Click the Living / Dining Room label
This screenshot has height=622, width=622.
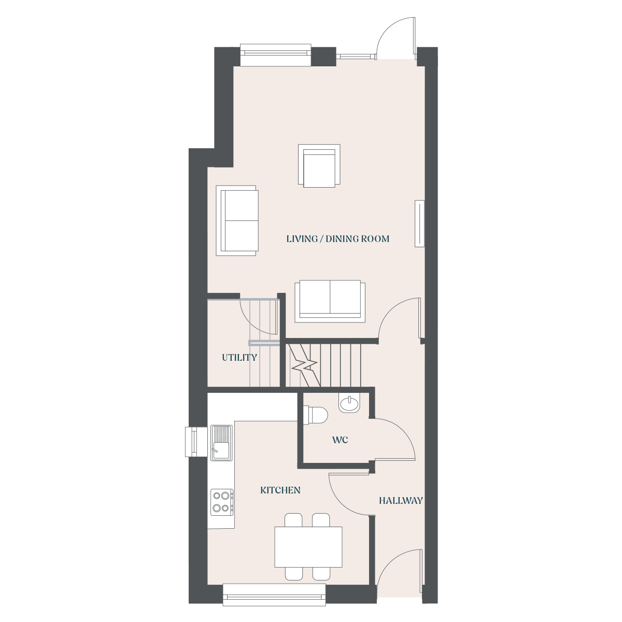pyautogui.click(x=337, y=239)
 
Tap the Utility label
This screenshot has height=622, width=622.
pyautogui.click(x=239, y=357)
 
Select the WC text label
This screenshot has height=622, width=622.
pyautogui.click(x=340, y=440)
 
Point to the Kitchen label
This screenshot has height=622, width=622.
pyautogui.click(x=280, y=490)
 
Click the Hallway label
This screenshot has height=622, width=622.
pyautogui.click(x=401, y=500)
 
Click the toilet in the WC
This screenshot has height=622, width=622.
pyautogui.click(x=316, y=415)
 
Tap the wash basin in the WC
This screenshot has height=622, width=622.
pyautogui.click(x=349, y=403)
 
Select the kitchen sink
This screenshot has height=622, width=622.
pyautogui.click(x=221, y=443)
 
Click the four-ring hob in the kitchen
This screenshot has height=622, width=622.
pyautogui.click(x=222, y=502)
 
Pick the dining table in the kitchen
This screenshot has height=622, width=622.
pyautogui.click(x=308, y=547)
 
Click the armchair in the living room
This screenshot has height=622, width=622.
pyautogui.click(x=319, y=165)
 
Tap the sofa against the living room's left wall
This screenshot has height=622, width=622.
pyautogui.click(x=237, y=221)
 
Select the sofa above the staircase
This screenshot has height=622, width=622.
pyautogui.click(x=330, y=301)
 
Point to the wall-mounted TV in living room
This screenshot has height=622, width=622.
pyautogui.click(x=419, y=224)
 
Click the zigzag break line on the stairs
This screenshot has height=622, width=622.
pyautogui.click(x=304, y=365)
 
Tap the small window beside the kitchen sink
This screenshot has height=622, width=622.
pyautogui.click(x=196, y=442)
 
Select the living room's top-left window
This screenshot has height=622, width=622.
pyautogui.click(x=276, y=55)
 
